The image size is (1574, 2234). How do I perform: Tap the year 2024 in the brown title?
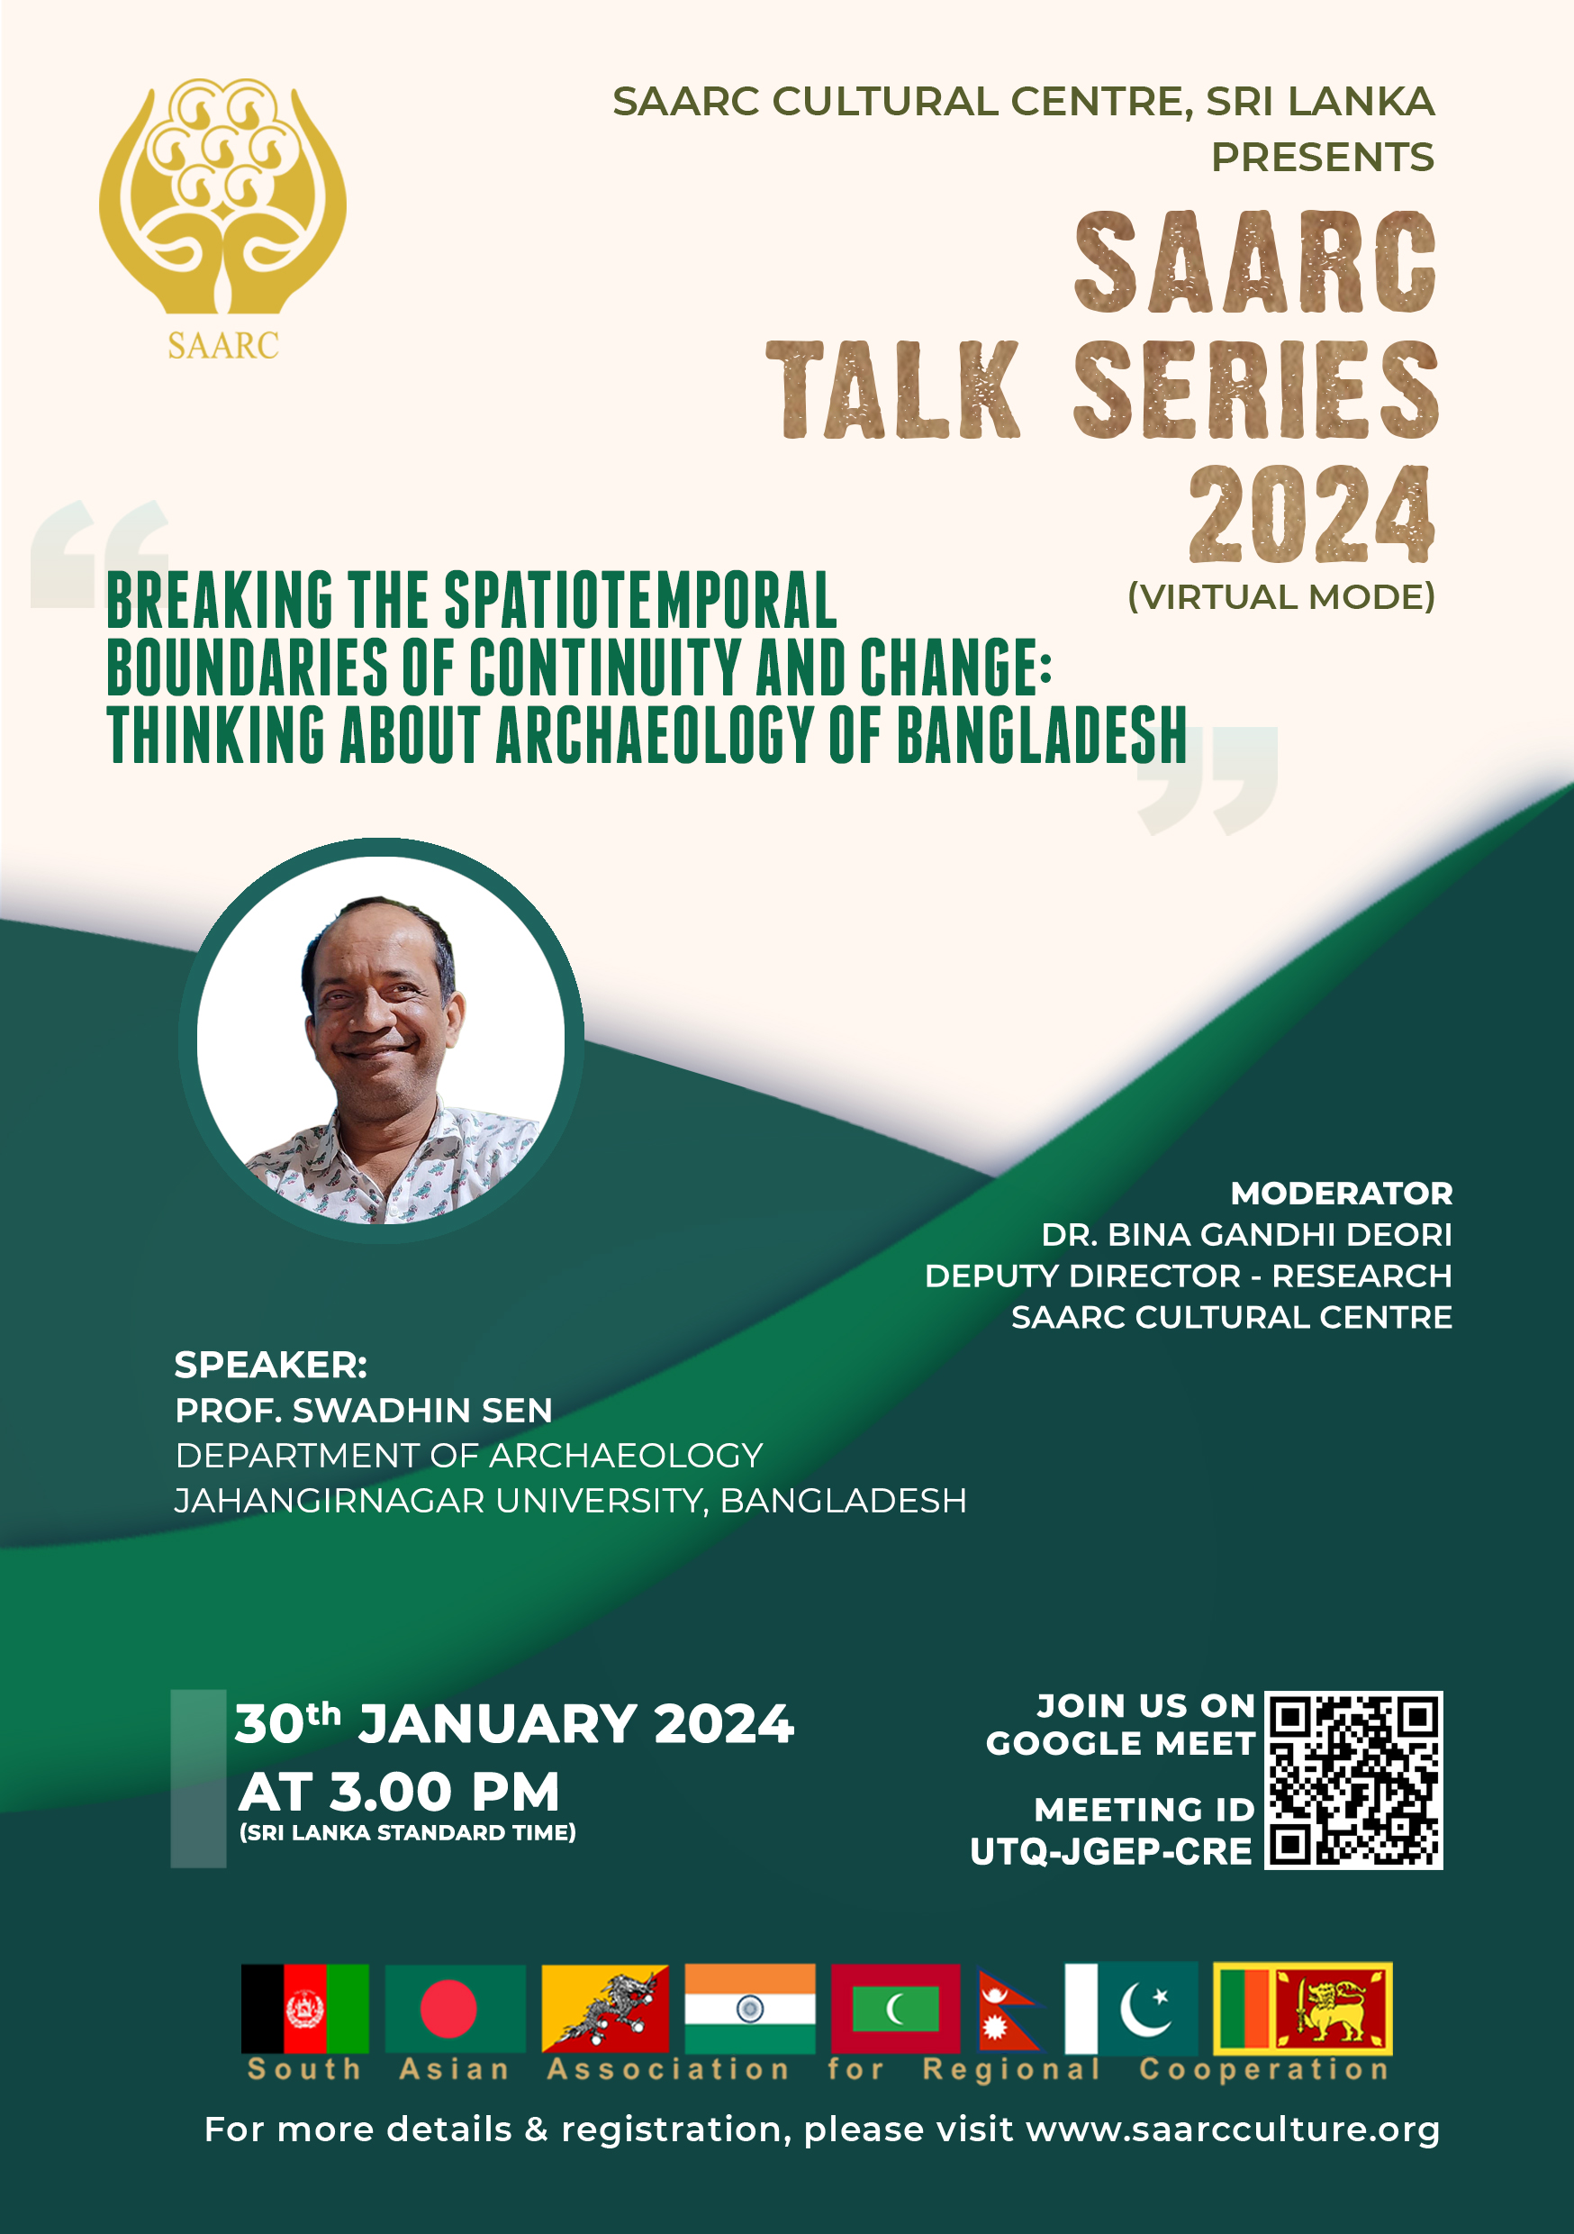[x=1310, y=513]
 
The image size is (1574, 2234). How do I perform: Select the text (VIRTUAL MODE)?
[x=1281, y=596]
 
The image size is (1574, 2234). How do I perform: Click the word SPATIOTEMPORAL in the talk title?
[x=640, y=599]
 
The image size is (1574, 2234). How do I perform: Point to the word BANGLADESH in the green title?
[x=1041, y=735]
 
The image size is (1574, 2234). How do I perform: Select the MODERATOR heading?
[x=1341, y=1193]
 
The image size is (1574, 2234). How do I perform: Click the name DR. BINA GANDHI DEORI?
[x=1246, y=1234]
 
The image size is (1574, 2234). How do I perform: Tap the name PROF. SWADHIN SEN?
[x=364, y=1410]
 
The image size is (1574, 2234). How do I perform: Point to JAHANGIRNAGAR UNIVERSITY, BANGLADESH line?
[x=570, y=1501]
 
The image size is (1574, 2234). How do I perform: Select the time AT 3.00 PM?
[x=399, y=1792]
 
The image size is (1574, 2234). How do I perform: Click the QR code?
[x=1353, y=1780]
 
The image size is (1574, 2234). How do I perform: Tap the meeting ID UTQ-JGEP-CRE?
[x=1110, y=1852]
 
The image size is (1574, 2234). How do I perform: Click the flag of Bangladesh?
[x=456, y=2008]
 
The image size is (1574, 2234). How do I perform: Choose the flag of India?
[x=749, y=2008]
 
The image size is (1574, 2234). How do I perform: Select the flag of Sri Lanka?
[x=1303, y=2008]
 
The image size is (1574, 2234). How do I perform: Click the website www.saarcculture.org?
[x=1233, y=2130]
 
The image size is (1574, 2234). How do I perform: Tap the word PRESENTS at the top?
[x=1322, y=157]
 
